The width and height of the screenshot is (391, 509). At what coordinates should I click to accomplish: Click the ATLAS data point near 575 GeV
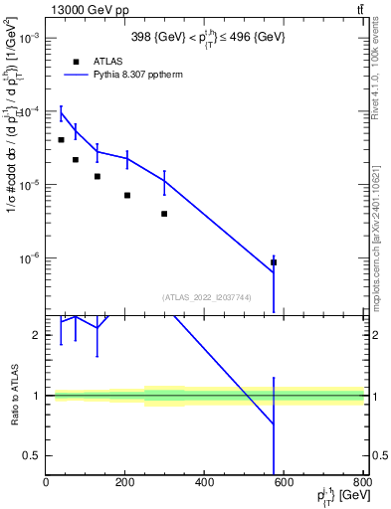coord(274,262)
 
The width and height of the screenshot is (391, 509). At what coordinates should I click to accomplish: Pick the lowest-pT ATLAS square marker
coord(61,140)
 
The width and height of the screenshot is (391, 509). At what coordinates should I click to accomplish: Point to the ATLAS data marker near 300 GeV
coord(164,214)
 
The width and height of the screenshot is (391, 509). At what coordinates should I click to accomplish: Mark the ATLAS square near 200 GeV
coord(127,195)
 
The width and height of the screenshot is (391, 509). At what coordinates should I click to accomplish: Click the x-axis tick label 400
coord(205,483)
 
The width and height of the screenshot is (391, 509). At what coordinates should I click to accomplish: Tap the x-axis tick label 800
coord(362,483)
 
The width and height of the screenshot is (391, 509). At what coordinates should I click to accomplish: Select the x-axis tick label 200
coord(125,483)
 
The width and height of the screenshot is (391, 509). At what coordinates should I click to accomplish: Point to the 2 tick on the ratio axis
coord(36,335)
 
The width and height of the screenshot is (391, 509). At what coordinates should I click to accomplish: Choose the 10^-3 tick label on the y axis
coord(27,38)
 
